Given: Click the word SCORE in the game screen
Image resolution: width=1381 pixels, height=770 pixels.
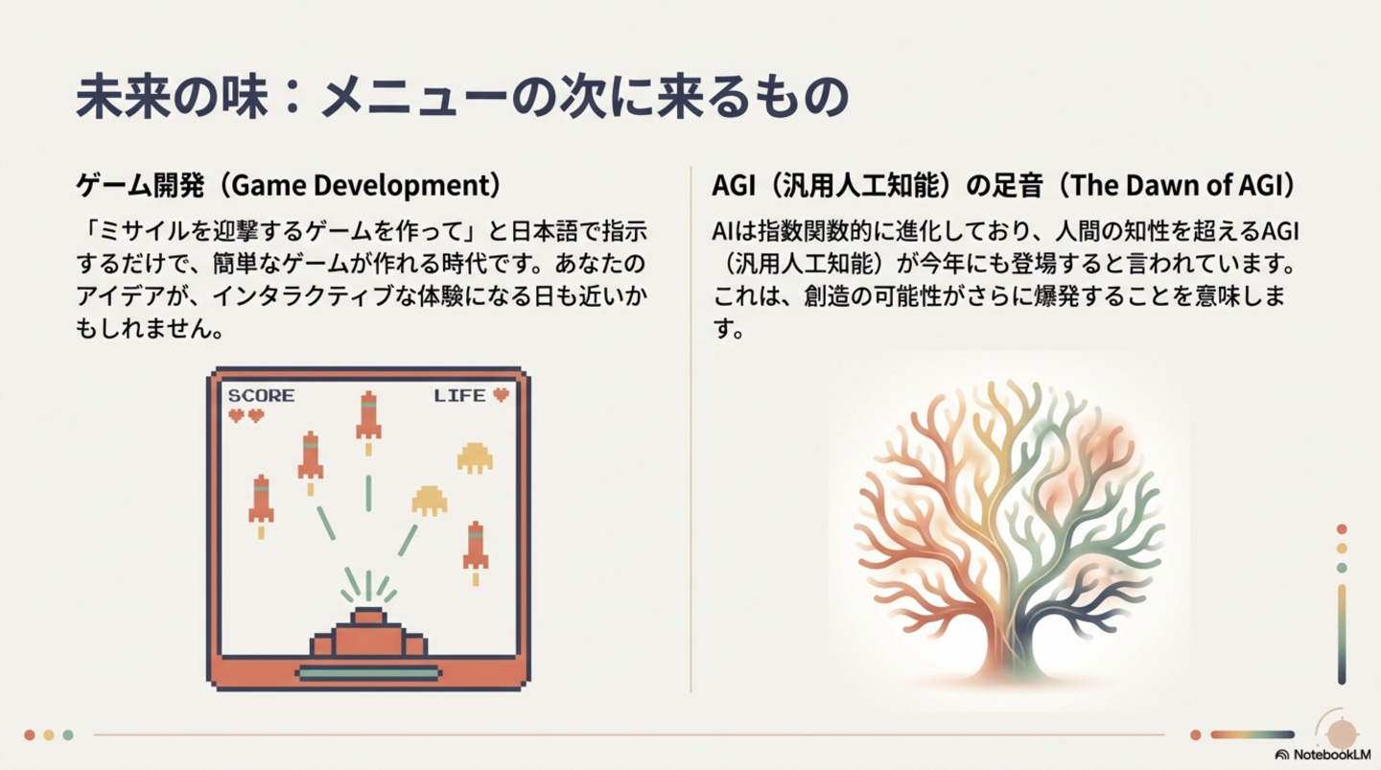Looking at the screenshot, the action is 262,395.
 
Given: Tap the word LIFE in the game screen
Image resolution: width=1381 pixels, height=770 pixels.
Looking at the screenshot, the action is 459,395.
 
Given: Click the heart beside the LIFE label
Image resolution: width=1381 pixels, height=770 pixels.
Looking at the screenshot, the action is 502,394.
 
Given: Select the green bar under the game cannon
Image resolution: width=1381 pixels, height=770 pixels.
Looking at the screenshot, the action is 368,673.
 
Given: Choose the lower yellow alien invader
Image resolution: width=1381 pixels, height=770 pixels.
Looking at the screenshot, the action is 429,501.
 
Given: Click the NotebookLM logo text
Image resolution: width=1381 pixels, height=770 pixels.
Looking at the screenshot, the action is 1332,755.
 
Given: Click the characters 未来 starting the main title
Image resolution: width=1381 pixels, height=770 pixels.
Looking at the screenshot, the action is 123,97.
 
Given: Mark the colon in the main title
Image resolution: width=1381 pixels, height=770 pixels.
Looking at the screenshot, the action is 293,98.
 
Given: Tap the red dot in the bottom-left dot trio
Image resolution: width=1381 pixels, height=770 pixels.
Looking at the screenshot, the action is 30,735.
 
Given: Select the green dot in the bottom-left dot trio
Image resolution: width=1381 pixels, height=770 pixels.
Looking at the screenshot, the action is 68,735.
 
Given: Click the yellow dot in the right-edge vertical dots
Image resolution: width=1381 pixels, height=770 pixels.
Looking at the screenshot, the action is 1342,548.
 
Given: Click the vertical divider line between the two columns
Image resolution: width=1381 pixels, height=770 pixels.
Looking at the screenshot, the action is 691,429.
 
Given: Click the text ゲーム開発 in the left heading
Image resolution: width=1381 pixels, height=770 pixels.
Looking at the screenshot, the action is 140,186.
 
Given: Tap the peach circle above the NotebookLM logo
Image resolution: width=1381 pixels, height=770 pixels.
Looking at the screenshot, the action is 1342,734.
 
